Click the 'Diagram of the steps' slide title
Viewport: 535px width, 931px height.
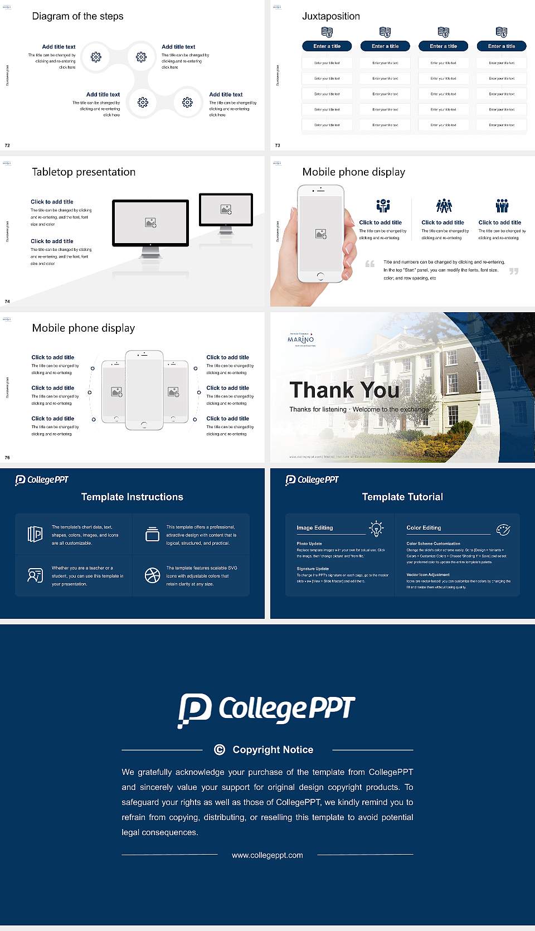[77, 16]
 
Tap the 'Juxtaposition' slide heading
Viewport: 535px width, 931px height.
[330, 16]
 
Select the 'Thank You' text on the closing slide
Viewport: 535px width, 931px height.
[344, 390]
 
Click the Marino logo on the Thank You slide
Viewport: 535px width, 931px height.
[301, 339]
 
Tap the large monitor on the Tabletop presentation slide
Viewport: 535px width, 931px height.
[150, 223]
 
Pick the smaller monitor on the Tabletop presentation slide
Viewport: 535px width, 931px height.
[226, 210]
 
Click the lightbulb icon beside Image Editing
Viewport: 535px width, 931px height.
[376, 528]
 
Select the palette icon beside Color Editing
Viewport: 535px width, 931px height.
[503, 529]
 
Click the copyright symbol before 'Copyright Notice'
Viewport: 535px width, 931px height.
[220, 750]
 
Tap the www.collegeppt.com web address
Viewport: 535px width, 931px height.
[267, 855]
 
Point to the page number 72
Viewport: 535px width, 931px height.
[7, 146]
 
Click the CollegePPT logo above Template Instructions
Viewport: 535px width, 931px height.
[42, 480]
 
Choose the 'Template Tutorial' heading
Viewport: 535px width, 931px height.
[402, 497]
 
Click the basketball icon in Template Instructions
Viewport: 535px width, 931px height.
[152, 575]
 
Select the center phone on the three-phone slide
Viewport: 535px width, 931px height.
[144, 390]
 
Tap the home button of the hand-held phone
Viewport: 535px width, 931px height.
[320, 276]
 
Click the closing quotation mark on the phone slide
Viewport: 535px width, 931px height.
[513, 271]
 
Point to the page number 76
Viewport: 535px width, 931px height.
[7, 458]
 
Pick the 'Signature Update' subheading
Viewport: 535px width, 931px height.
[313, 569]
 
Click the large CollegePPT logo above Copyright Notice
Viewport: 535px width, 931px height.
[266, 710]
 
